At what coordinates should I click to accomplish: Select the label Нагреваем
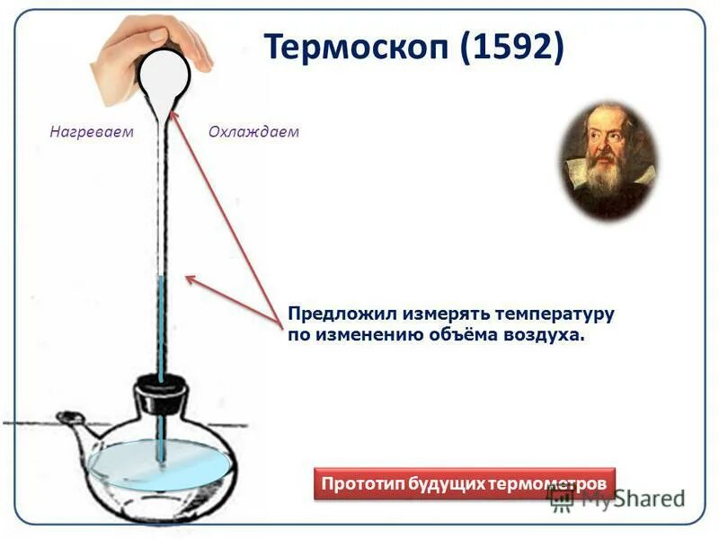(91, 132)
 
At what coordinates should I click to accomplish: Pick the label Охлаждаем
(253, 132)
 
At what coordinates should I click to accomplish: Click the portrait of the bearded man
(608, 163)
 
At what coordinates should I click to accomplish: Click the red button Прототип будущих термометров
(465, 483)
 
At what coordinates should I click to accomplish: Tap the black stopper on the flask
(161, 396)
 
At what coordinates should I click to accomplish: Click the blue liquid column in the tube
(162, 323)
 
